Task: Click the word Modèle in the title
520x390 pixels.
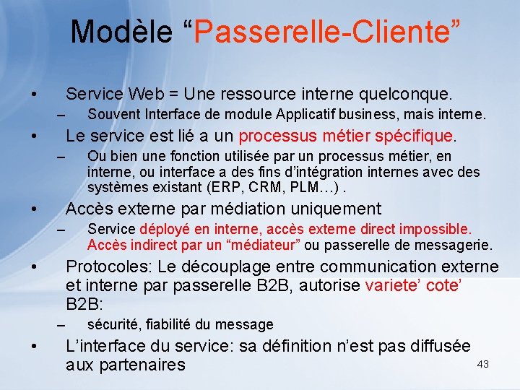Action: point(122,32)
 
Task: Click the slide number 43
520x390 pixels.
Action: point(482,364)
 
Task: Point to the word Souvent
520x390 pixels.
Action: point(113,114)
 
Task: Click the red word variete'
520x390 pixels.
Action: point(394,285)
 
